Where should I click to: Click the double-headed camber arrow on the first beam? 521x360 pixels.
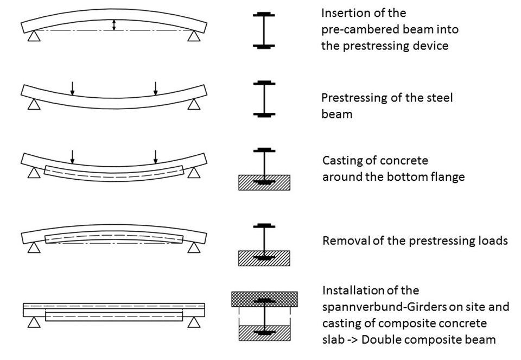[x=113, y=25]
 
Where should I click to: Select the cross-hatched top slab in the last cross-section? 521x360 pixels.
[x=264, y=299]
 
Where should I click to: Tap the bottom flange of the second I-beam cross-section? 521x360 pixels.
[x=264, y=115]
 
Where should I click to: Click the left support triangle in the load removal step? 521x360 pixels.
[x=34, y=247]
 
